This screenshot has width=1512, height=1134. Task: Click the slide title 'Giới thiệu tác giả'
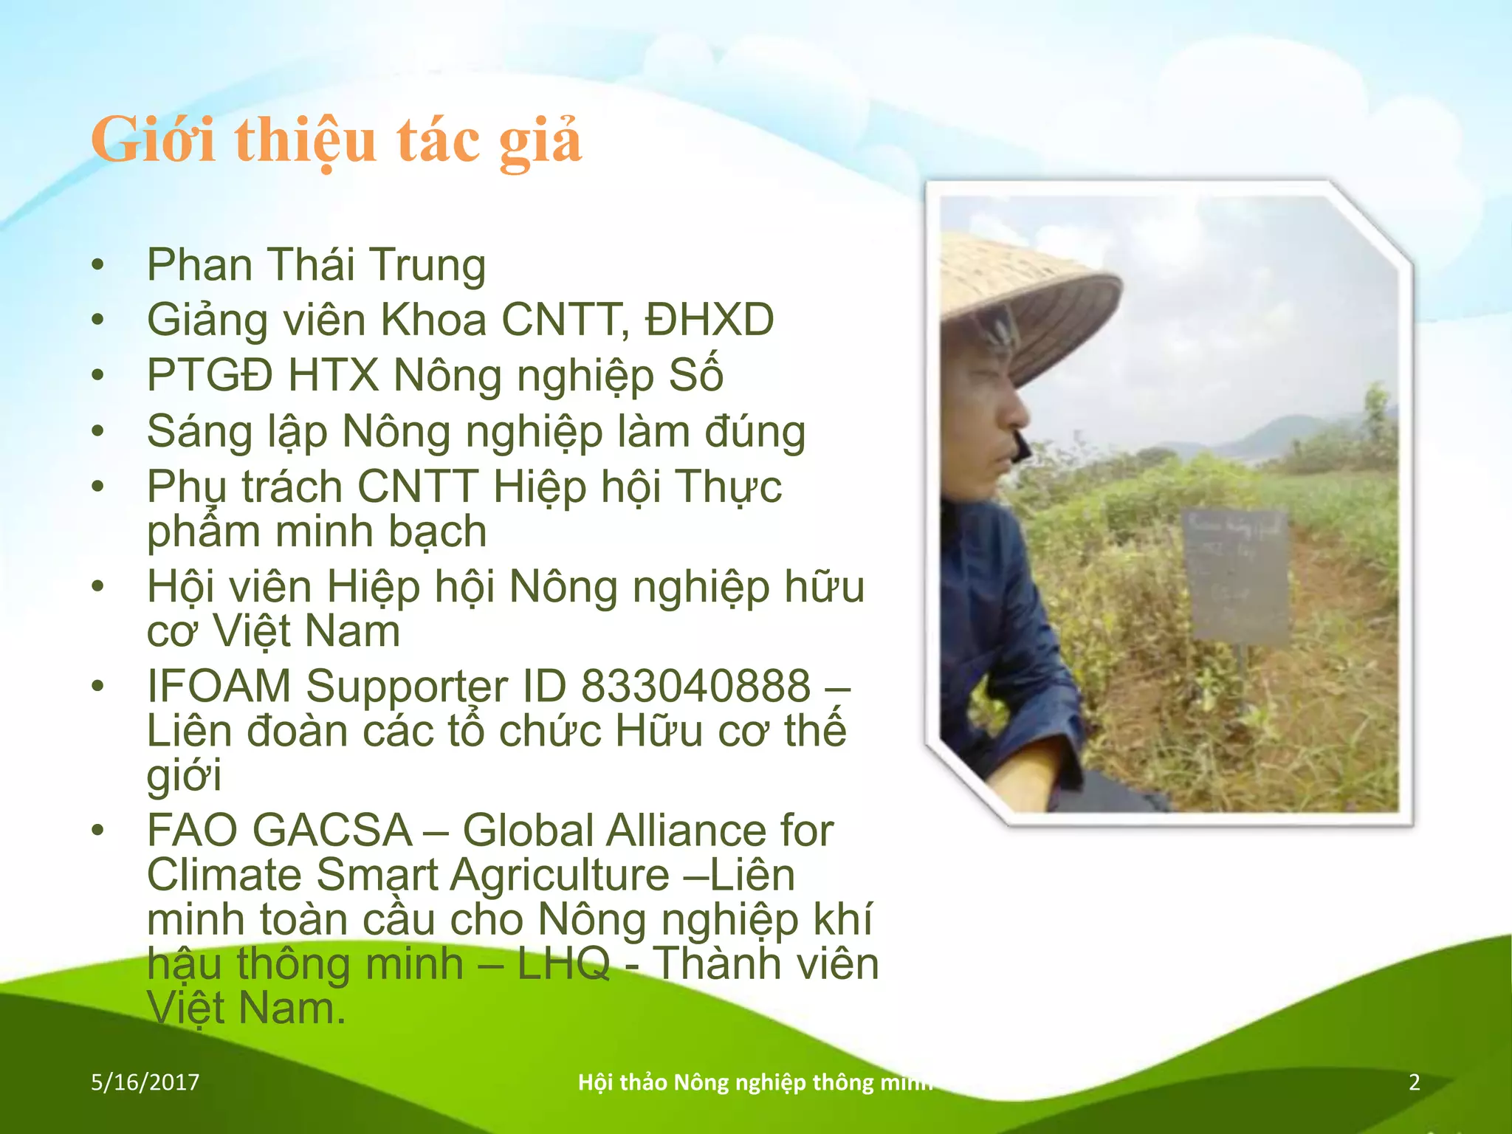click(336, 140)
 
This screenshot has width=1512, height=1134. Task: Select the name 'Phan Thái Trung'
click(316, 264)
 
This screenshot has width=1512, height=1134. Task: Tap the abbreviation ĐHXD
click(709, 320)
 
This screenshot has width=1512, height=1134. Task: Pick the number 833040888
click(695, 686)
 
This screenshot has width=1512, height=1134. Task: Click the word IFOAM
click(219, 686)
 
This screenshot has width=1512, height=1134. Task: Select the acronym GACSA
click(332, 831)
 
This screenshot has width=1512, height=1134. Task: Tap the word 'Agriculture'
click(560, 876)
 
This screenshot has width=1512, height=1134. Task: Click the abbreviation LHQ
click(563, 964)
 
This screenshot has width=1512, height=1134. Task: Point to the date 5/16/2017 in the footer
click(145, 1082)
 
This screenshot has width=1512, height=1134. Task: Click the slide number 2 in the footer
click(1415, 1082)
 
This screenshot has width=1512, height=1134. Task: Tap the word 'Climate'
click(224, 876)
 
